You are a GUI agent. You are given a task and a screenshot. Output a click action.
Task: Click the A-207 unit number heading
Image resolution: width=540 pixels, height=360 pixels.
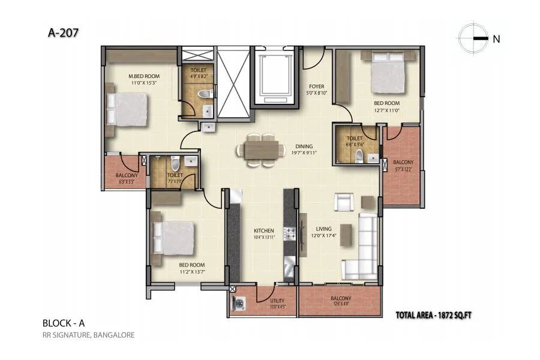(62, 33)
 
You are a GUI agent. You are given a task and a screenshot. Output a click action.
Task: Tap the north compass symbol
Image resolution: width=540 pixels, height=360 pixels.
(473, 38)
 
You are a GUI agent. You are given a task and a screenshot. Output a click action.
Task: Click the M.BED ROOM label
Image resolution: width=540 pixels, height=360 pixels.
(143, 76)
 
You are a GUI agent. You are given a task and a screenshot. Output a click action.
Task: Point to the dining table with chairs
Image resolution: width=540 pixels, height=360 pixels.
(262, 149)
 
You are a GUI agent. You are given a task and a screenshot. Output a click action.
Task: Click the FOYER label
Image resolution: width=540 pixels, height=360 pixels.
(316, 86)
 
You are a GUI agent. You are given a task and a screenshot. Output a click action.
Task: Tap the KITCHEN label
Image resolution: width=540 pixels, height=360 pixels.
(263, 230)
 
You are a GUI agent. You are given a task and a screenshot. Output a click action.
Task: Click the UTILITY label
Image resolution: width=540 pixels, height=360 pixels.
(278, 301)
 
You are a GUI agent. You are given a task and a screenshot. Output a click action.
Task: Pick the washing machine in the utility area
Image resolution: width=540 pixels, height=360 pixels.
(238, 304)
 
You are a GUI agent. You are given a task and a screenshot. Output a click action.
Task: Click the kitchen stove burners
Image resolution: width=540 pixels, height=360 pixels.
(290, 233)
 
